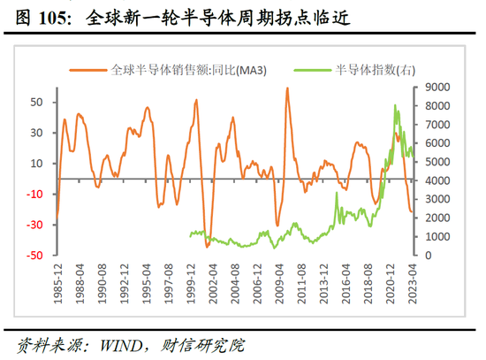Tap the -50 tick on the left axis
click(x=34, y=256)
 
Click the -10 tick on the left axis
click(x=34, y=195)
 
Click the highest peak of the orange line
click(x=287, y=88)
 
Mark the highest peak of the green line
click(x=394, y=105)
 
